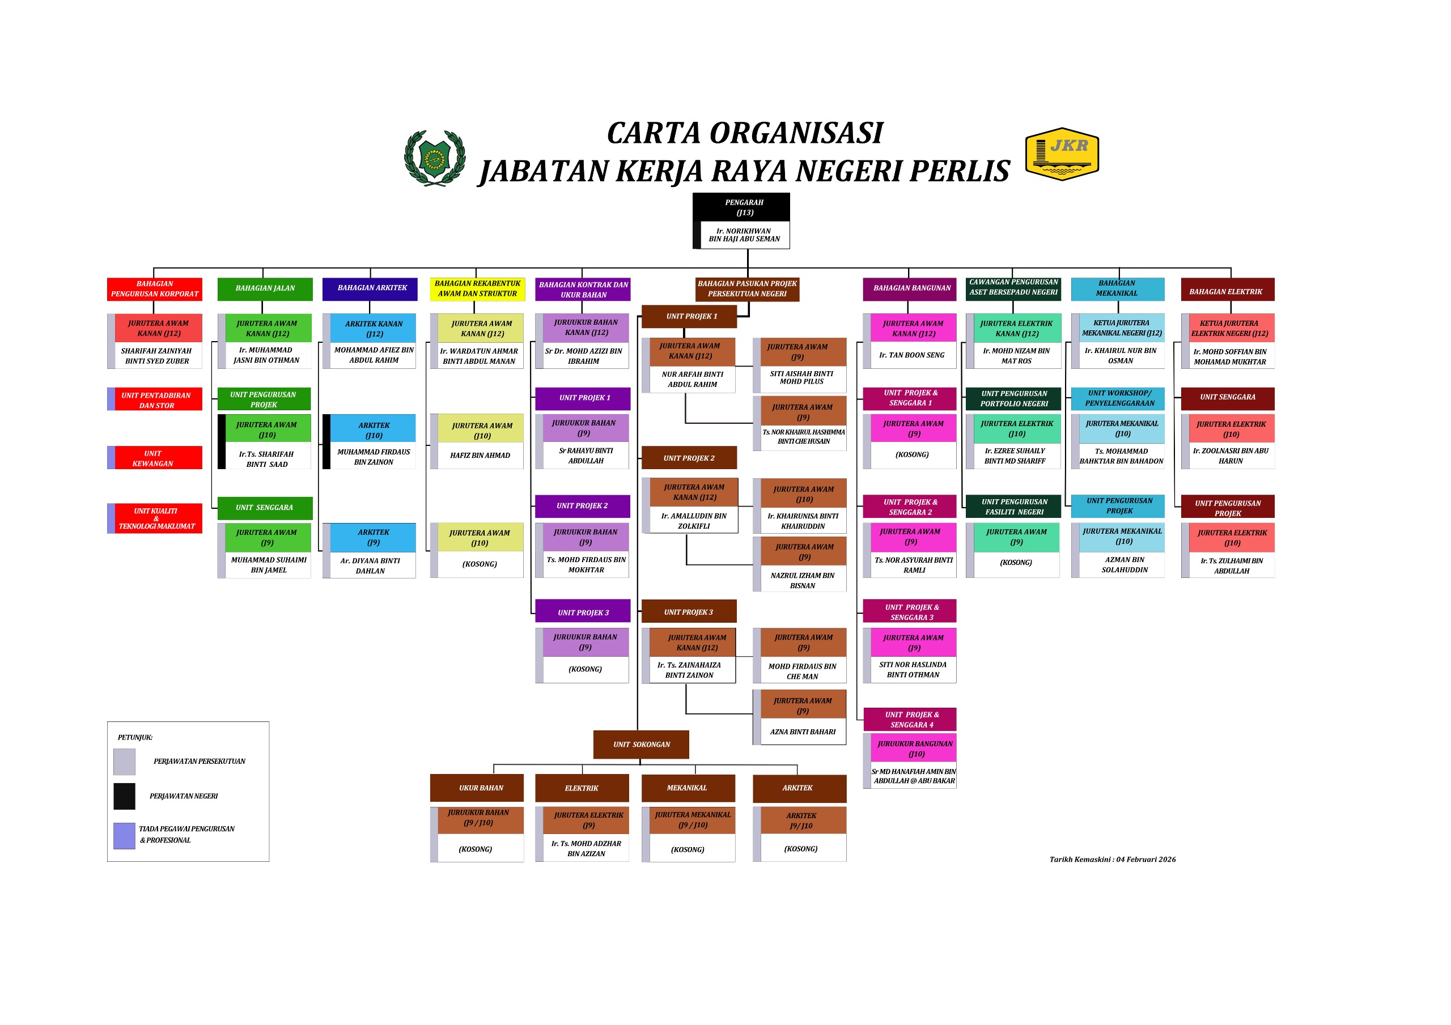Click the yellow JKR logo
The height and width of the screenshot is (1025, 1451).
pos(1062,154)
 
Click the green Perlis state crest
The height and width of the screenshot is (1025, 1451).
pos(435,158)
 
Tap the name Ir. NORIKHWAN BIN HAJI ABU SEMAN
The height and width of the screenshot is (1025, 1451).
pos(744,235)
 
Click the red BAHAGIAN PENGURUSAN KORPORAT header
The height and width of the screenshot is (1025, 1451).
pos(155,289)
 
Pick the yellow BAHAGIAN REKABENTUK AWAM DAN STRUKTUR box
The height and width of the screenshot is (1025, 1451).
pos(477,289)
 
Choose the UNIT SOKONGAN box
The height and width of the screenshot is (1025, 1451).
pos(641,745)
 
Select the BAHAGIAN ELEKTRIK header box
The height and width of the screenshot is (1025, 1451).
pos(1227,290)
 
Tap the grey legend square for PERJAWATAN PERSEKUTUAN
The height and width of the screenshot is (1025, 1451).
pos(125,762)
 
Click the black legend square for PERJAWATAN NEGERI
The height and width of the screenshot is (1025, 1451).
pos(125,796)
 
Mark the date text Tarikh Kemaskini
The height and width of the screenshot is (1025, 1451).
pos(1112,860)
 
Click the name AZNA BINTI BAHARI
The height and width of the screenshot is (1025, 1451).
pos(803,732)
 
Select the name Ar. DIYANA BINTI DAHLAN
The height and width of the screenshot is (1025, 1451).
pos(370,565)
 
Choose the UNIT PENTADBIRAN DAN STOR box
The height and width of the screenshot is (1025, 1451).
pos(155,400)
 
